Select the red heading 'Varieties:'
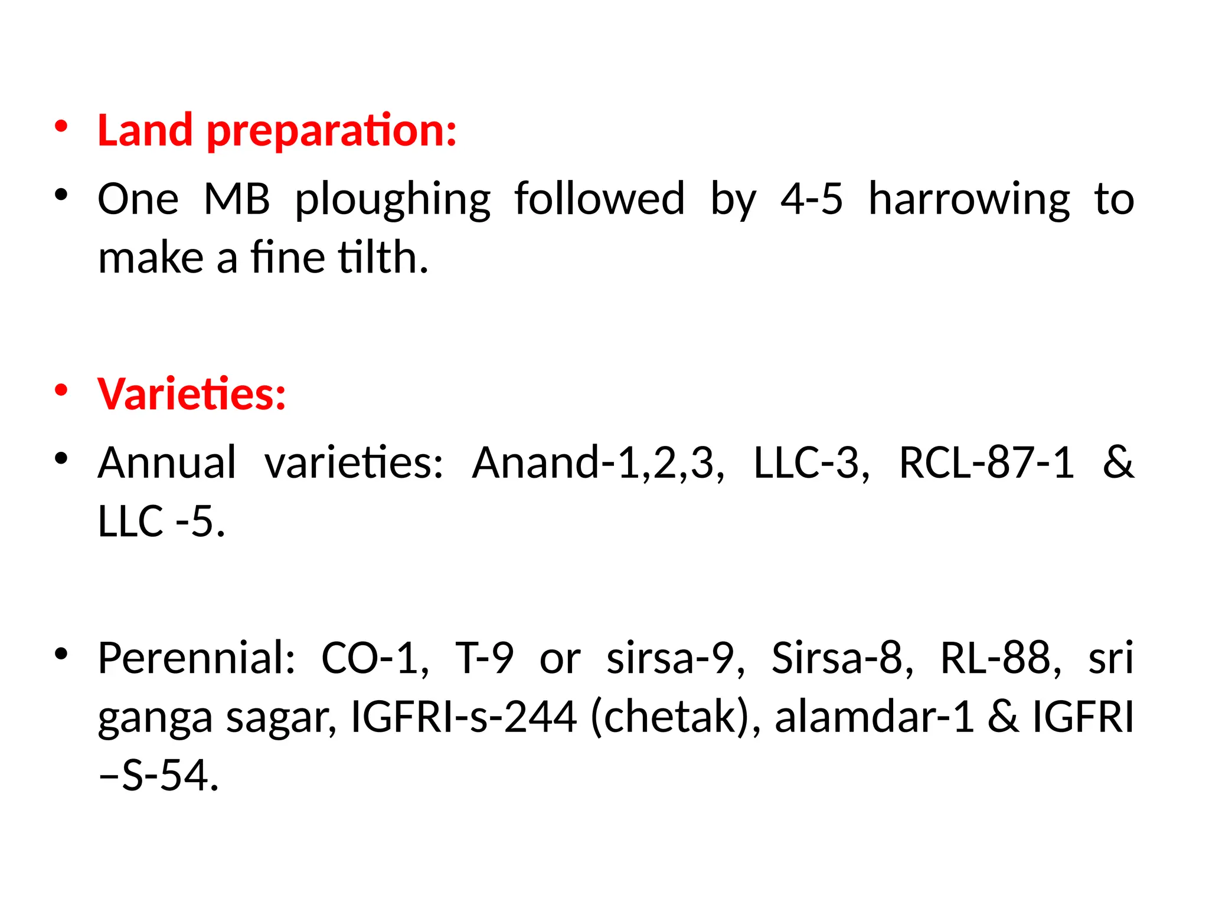[192, 393]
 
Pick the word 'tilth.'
[383, 258]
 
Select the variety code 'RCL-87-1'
[986, 462]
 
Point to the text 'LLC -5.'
[161, 521]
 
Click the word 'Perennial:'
[196, 658]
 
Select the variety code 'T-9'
[484, 658]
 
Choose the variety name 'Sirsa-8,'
[842, 658]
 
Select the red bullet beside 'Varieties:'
[61, 390]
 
